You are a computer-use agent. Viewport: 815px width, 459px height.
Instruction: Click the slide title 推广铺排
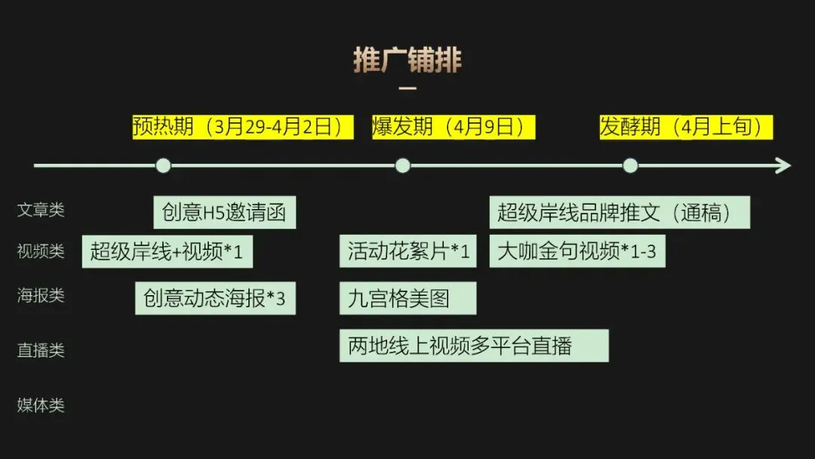(407, 60)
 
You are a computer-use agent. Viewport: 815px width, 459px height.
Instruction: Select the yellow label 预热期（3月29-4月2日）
(243, 127)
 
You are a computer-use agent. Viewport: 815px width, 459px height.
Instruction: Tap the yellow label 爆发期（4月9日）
(454, 127)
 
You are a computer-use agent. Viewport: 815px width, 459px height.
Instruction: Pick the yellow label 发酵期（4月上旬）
(686, 127)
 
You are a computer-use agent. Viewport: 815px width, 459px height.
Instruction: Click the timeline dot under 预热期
(163, 165)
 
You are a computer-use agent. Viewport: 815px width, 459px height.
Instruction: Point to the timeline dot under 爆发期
(402, 165)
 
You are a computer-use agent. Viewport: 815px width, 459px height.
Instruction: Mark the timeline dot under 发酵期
(630, 165)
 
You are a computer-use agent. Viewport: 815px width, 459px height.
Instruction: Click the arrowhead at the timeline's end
(785, 165)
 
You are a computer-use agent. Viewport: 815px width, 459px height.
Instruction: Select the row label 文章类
(41, 210)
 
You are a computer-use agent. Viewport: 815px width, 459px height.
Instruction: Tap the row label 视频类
(41, 251)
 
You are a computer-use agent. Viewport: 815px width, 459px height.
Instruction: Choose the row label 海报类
(41, 295)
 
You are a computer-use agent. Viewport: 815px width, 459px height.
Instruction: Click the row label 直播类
(41, 350)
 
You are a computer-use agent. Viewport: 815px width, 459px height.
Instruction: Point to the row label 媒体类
(41, 405)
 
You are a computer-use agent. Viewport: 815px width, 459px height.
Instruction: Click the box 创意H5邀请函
(224, 213)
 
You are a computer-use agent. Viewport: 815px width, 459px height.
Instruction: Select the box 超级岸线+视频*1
(167, 251)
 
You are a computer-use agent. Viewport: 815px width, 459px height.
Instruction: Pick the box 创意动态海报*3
(215, 298)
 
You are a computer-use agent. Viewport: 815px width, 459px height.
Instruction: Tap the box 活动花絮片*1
(408, 251)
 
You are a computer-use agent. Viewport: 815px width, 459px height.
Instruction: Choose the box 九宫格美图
(407, 298)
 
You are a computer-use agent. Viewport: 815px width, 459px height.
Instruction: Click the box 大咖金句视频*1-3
(577, 251)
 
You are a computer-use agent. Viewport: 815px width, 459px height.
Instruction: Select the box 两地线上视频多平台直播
(474, 346)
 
